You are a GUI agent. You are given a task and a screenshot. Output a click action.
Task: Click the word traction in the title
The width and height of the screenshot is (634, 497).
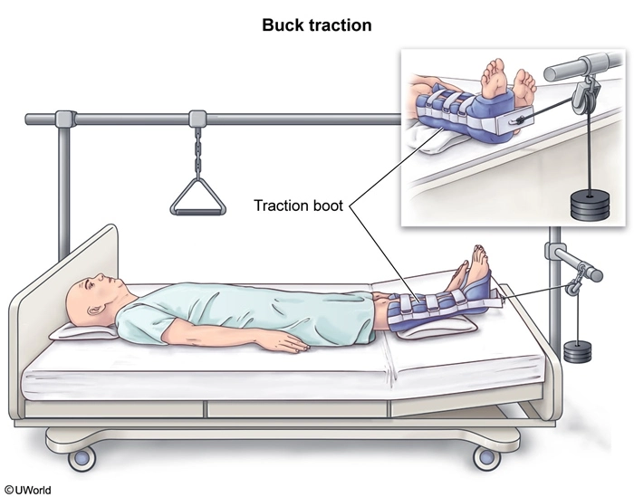(341, 25)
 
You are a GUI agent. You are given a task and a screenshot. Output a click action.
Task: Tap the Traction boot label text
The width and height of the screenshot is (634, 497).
(298, 205)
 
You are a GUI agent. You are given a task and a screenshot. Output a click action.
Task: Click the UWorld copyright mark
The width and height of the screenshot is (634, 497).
(26, 490)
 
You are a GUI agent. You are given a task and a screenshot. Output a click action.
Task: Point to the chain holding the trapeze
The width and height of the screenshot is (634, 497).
(197, 152)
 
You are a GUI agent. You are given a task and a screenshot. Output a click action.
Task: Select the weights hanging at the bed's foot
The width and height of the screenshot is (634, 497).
(578, 351)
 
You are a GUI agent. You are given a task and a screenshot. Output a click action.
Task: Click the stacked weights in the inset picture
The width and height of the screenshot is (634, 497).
(590, 205)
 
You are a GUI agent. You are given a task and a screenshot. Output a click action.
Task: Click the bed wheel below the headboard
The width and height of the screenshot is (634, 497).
(82, 459)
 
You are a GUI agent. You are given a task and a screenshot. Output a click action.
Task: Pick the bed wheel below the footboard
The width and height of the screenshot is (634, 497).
(487, 457)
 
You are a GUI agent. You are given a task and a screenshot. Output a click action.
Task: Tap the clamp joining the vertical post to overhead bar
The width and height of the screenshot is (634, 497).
(65, 118)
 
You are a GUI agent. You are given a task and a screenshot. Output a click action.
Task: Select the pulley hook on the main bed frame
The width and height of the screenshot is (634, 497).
(574, 286)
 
